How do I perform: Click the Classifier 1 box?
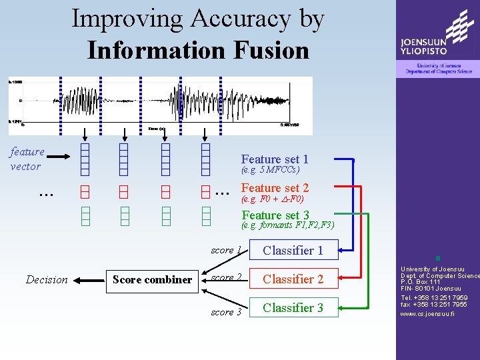(x=293, y=251)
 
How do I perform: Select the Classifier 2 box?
(x=293, y=279)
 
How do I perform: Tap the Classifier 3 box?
(x=293, y=308)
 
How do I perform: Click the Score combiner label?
(x=152, y=280)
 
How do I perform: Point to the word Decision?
(x=47, y=280)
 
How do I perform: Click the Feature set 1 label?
(x=275, y=159)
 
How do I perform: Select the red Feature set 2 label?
(x=275, y=188)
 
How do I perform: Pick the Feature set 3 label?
(x=275, y=215)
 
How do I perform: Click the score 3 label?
(x=226, y=312)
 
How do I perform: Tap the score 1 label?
(x=225, y=251)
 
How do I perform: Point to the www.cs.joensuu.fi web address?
(x=427, y=313)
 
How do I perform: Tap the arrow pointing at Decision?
(x=89, y=280)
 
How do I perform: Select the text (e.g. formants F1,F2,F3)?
(x=287, y=225)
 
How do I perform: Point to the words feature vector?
(x=27, y=159)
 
